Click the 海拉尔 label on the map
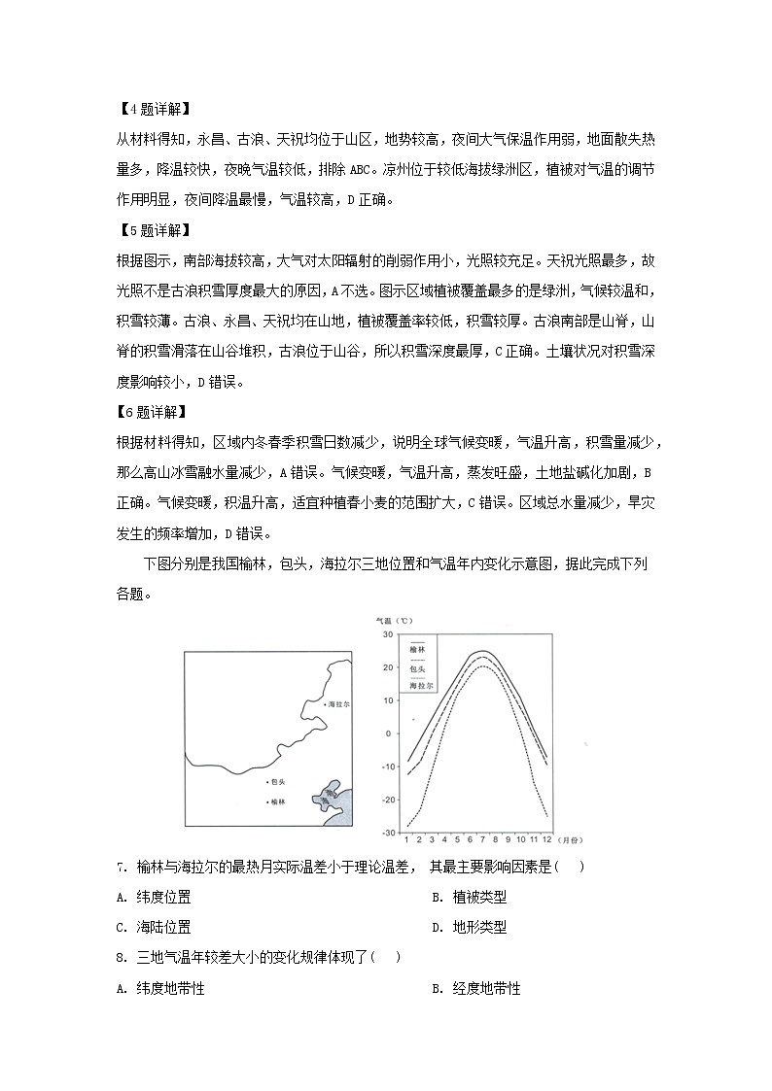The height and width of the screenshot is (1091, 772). coord(339,703)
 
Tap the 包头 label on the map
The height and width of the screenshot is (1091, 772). coord(279,780)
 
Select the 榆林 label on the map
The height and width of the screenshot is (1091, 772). coord(279,801)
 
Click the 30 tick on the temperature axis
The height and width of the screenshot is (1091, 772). coord(386,634)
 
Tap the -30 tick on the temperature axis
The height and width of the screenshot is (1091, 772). coord(385,833)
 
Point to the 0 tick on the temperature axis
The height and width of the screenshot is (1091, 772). coord(389,733)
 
